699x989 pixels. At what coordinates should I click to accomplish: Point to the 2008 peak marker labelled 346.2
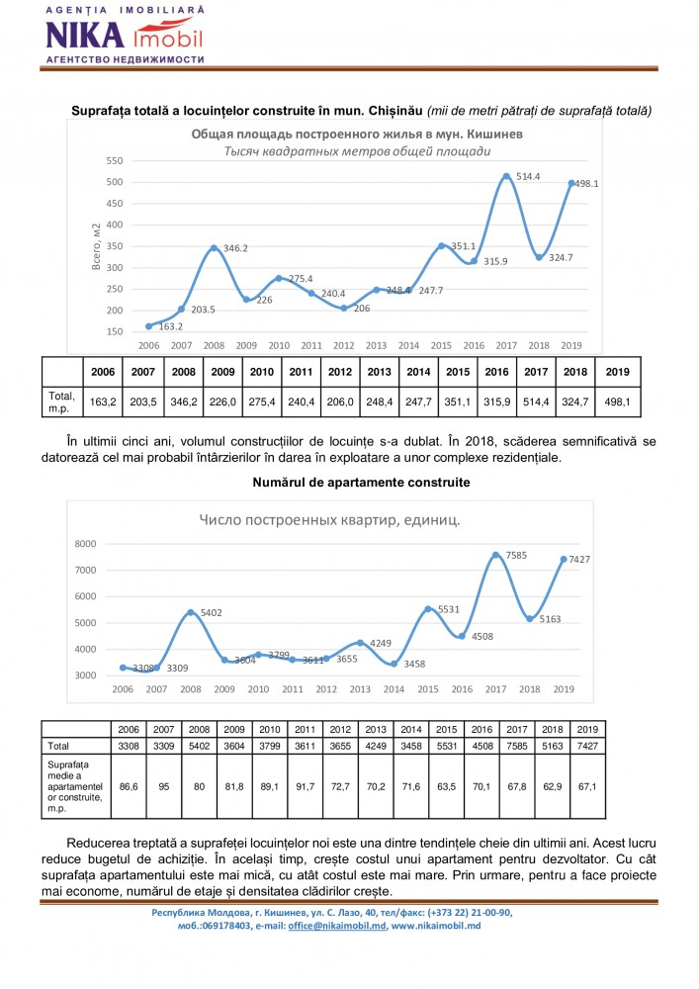215,247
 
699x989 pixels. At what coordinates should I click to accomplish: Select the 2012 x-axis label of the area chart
343,345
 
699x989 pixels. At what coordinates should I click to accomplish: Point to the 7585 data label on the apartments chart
515,556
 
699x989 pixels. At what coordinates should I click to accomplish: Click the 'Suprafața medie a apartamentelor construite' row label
75,787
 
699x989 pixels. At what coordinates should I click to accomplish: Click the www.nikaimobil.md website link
436,927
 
